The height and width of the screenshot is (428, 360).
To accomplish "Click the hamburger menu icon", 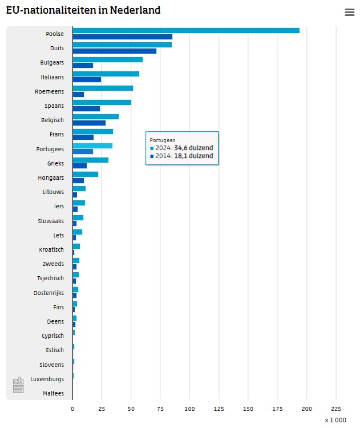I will (349, 13).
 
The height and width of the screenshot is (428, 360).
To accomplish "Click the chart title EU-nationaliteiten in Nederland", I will (83, 10).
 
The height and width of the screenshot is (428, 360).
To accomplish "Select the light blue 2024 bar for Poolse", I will (185, 31).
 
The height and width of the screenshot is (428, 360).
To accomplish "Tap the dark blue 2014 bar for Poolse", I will (122, 37).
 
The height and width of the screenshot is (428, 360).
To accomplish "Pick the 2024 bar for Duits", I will (122, 45).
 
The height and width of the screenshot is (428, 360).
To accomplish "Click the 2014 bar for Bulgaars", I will (83, 66).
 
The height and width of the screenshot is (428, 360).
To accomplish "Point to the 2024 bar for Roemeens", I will (103, 88).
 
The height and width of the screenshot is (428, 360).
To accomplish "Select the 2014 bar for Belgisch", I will (89, 123).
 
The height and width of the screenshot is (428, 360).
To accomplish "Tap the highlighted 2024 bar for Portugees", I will (92, 146).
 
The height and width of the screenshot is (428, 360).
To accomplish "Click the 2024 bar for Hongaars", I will (85, 174).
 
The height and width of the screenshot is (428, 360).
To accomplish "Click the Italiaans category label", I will (52, 77).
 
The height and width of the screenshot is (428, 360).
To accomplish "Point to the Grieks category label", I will (55, 163).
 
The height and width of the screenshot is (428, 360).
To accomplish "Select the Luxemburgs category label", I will (47, 379).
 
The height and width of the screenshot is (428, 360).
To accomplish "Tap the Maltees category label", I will (53, 393).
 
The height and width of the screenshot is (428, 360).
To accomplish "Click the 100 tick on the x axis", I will (189, 409).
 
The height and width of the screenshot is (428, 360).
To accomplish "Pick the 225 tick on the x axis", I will (336, 409).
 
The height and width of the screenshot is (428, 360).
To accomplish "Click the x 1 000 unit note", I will (335, 420).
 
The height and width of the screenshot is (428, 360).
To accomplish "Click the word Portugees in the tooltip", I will (162, 140).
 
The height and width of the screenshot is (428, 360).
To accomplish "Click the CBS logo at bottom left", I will (18, 385).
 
